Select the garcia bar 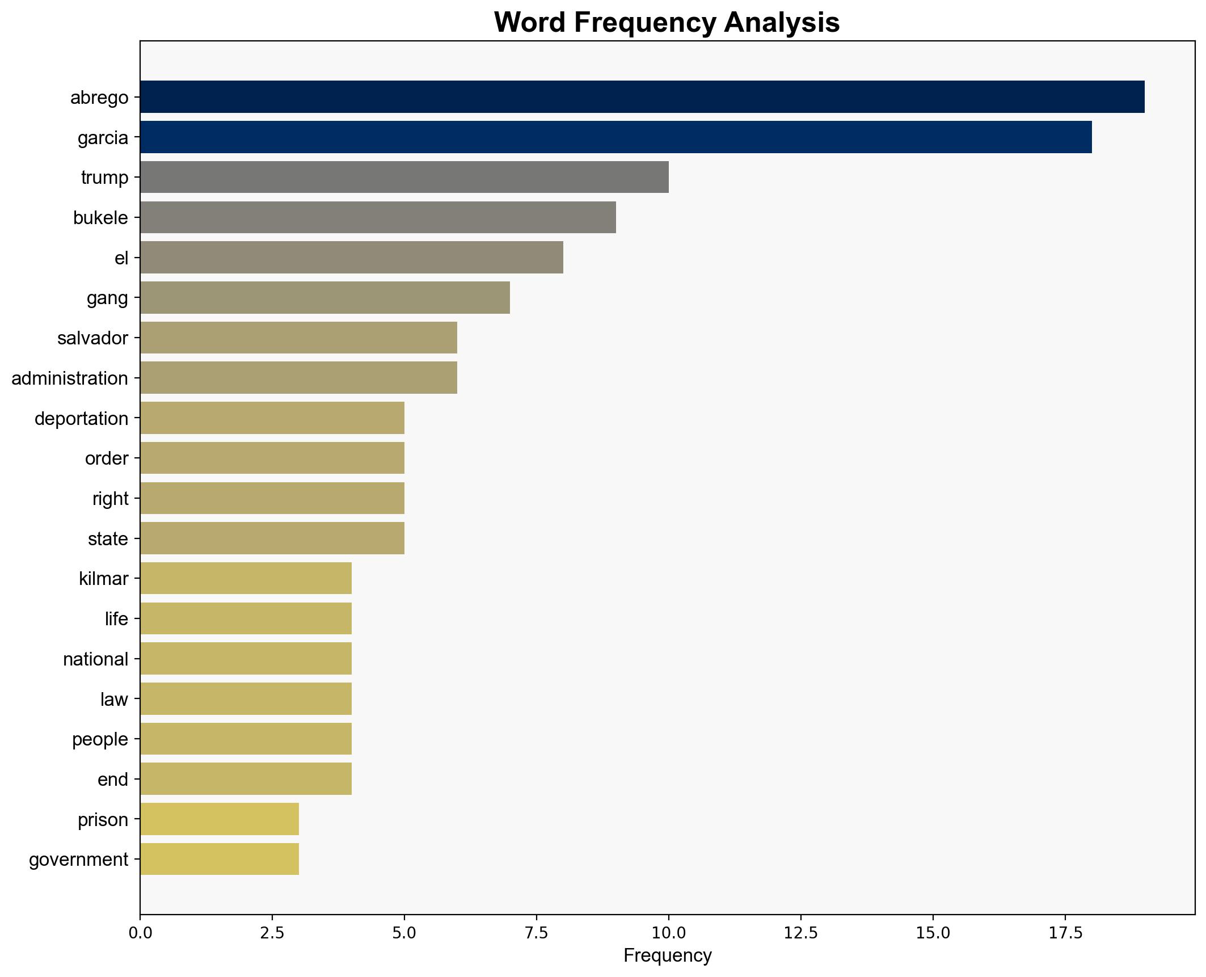click(615, 137)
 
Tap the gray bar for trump click(404, 177)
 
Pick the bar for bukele click(378, 217)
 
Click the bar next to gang click(324, 298)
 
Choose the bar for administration click(298, 378)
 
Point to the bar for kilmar click(246, 579)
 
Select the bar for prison click(219, 819)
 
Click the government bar click(219, 860)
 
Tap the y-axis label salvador click(92, 338)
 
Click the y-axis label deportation click(81, 419)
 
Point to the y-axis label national click(95, 659)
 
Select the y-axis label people click(100, 739)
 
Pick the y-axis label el click(121, 258)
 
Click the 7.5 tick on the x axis click(536, 932)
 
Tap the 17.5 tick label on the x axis click(1065, 932)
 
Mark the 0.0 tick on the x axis click(140, 932)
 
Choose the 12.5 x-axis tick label click(800, 932)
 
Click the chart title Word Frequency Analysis click(667, 23)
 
